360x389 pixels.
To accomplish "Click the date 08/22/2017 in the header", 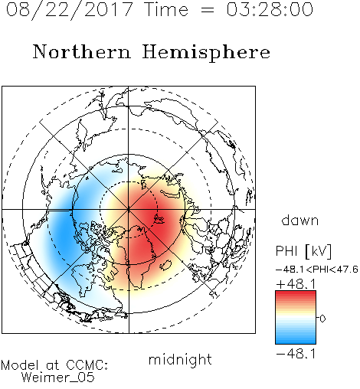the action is click(x=70, y=10).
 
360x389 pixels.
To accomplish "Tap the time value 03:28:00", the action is click(x=270, y=9).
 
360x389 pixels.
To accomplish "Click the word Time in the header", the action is click(x=166, y=9).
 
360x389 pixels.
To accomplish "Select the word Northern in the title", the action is click(x=82, y=51).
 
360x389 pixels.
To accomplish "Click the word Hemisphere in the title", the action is click(x=206, y=53).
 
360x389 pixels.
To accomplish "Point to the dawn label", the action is click(x=300, y=220).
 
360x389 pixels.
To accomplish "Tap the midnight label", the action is click(x=180, y=360).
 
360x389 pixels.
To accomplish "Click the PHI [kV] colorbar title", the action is click(x=303, y=251).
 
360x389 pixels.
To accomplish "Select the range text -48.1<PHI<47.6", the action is click(x=317, y=270).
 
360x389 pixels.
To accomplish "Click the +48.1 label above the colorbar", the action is click(x=296, y=284).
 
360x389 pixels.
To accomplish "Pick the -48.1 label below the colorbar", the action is click(x=296, y=354).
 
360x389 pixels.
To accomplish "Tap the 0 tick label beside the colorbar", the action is click(x=322, y=319).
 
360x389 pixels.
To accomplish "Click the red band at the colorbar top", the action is click(x=296, y=294).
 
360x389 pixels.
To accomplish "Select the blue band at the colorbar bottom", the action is click(x=296, y=340).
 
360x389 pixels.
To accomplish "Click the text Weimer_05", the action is click(x=58, y=378).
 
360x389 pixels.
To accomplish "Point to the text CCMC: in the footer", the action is click(x=87, y=365).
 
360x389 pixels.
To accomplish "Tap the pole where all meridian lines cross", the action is click(x=129, y=209).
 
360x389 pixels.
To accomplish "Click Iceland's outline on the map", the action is click(x=165, y=265).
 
